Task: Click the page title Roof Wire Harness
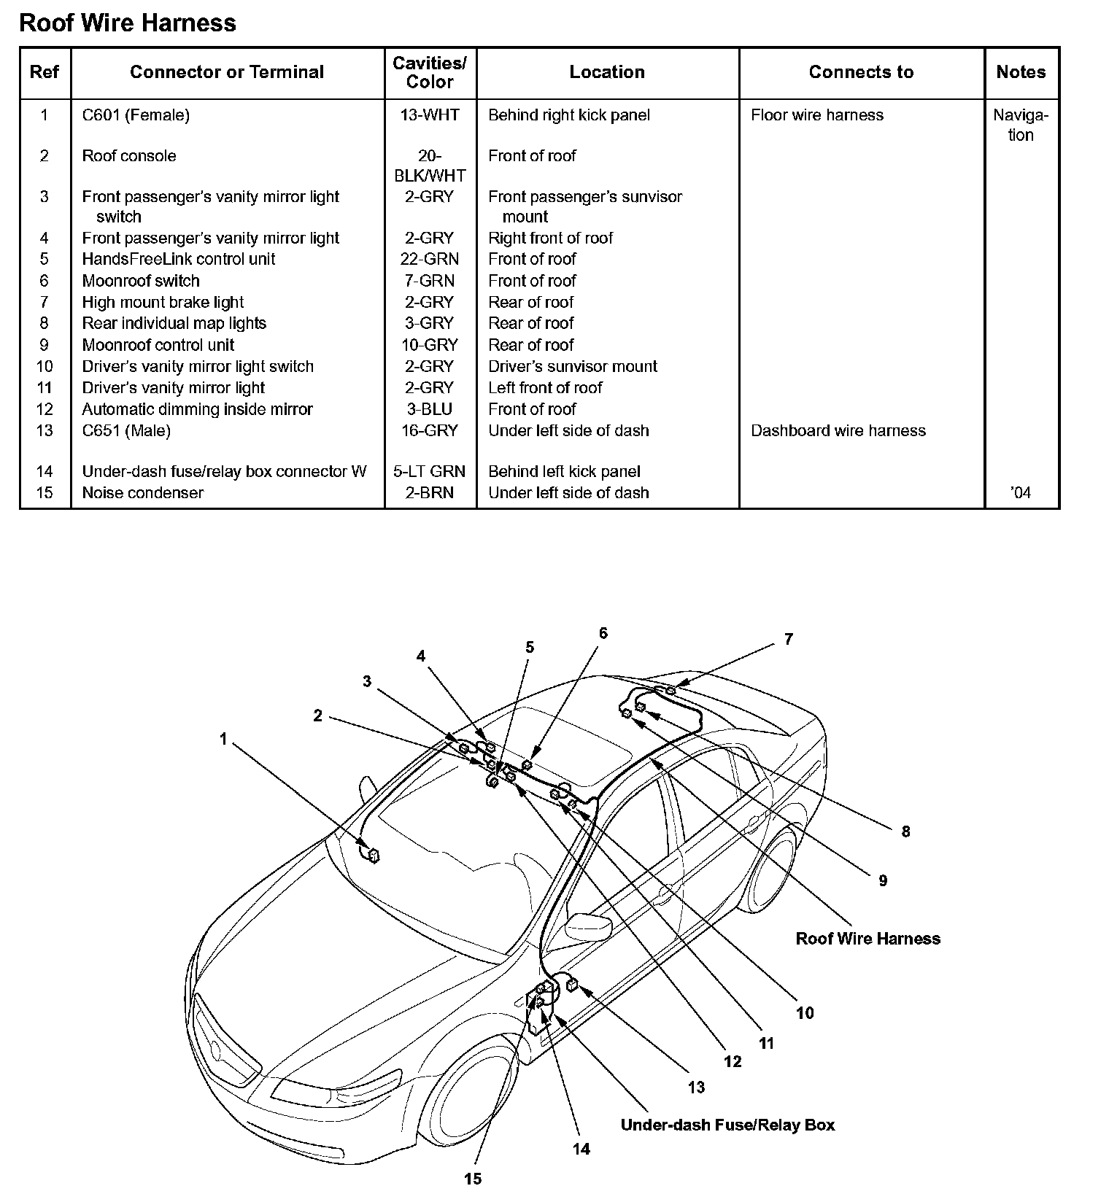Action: (128, 23)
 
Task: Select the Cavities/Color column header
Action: (430, 72)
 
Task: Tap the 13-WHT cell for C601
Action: (430, 115)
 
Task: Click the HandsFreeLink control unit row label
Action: (179, 259)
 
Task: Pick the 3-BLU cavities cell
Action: (430, 409)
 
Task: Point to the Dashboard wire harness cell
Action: (838, 431)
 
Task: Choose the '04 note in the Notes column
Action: (1021, 493)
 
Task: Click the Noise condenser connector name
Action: (143, 493)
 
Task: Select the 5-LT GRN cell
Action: (430, 472)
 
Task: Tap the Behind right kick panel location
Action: (569, 115)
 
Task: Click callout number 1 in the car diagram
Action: (223, 739)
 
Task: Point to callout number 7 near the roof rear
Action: (788, 639)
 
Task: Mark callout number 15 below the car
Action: (473, 1178)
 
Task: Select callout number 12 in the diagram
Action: (733, 1061)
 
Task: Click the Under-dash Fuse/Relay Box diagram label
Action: (727, 1125)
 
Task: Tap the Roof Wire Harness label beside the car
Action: (868, 939)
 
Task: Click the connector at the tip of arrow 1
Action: (374, 855)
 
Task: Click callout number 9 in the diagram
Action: (883, 880)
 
